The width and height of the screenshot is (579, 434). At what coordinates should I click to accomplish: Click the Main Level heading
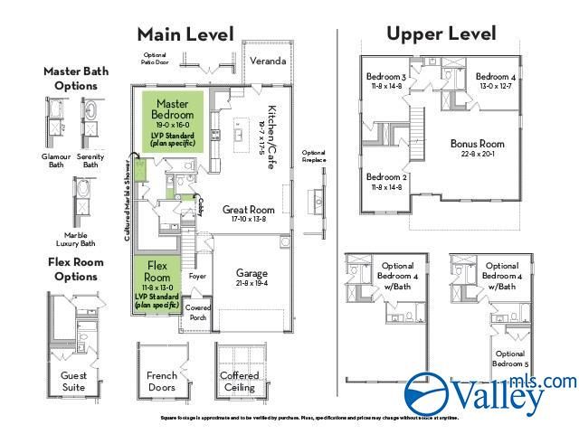pos(185,34)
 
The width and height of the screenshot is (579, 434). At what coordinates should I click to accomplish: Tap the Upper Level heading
pos(441,33)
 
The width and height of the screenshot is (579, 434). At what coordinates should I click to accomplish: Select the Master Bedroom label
pos(172,110)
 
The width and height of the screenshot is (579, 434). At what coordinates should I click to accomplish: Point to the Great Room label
pos(248,210)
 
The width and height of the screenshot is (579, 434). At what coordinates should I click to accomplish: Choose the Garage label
pos(252,272)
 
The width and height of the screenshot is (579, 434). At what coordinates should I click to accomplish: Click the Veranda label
pos(268,61)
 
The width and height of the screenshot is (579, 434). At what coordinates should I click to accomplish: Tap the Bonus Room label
pos(477,144)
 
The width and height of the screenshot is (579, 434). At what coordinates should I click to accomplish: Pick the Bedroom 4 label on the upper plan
pos(495,77)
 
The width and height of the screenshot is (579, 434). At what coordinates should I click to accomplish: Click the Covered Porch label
pos(197,312)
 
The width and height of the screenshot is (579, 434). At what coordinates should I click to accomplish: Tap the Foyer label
pos(198,277)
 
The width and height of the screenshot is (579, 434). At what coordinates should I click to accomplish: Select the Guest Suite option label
pos(73,381)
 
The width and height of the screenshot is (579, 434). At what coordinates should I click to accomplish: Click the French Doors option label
pos(161,381)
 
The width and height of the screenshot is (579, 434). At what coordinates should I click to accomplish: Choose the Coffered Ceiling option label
pos(240,381)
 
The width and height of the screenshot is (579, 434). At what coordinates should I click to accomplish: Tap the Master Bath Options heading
pos(73,79)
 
